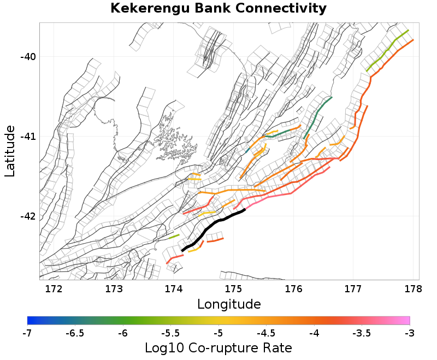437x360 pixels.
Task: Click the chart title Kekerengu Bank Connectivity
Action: coord(218,9)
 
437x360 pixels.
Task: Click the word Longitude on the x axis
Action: coord(229,304)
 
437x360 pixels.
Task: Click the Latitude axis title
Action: coord(10,151)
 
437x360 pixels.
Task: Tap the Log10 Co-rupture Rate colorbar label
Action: coord(218,347)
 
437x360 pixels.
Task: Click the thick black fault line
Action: coord(213,227)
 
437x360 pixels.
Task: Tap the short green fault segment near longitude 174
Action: coord(174,236)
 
